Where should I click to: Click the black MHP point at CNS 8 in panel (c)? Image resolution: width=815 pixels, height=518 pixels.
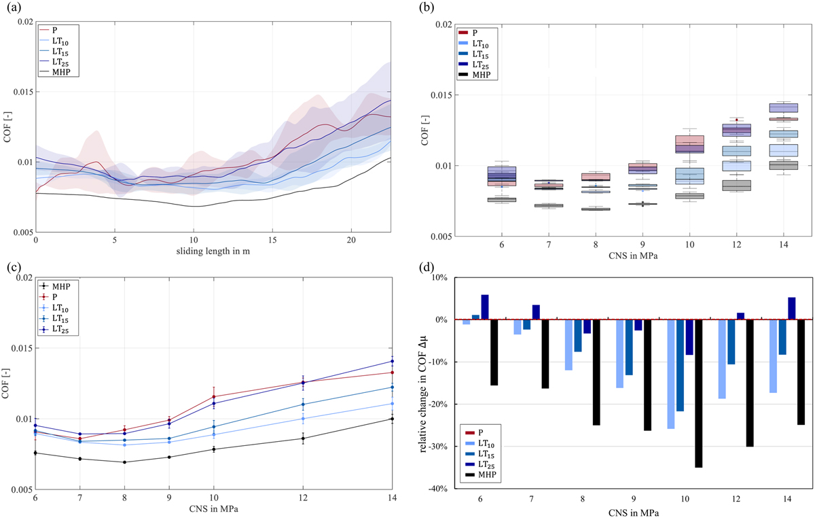tap(124, 462)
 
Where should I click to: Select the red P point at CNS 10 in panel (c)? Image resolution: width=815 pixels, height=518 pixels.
tap(213, 396)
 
